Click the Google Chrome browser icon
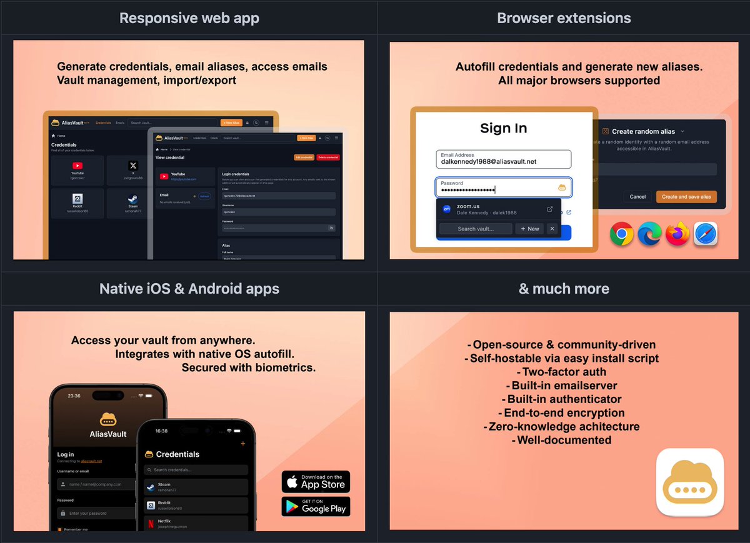(622, 234)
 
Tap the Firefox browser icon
(677, 234)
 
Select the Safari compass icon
(706, 234)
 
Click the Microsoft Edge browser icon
(650, 234)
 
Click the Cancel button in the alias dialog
(637, 197)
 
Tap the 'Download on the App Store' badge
(316, 482)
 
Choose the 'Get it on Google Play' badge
(316, 506)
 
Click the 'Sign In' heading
(503, 128)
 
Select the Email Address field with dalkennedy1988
(503, 159)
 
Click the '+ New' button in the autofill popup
(529, 229)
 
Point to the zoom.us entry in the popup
(497, 210)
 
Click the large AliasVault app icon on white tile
(690, 482)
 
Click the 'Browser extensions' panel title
(564, 18)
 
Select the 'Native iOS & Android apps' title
(189, 289)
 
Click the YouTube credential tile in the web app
(77, 171)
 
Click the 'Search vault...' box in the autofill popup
(476, 229)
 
